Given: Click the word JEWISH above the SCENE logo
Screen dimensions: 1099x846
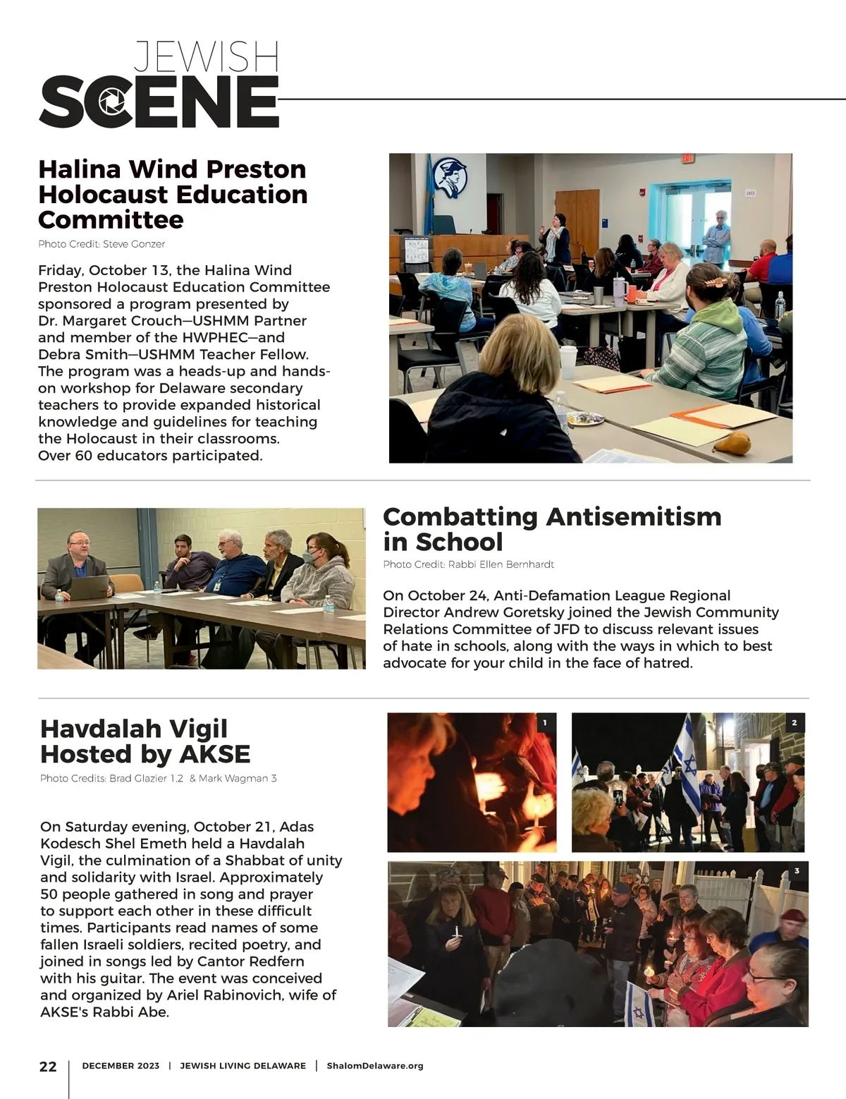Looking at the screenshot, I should click(x=206, y=57).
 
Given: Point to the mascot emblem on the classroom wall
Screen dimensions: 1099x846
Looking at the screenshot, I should click(x=449, y=176).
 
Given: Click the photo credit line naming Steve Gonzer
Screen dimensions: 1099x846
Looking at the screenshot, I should click(x=102, y=244).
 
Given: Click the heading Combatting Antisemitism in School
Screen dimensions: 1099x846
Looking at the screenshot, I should click(x=552, y=529).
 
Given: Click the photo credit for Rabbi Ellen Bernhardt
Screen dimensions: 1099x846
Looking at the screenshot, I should click(x=468, y=564).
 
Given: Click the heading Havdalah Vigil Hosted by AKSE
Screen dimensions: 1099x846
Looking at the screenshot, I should click(x=145, y=741).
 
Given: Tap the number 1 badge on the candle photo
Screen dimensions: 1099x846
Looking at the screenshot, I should click(x=545, y=723).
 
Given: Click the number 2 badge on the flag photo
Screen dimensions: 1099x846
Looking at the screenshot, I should click(x=794, y=723).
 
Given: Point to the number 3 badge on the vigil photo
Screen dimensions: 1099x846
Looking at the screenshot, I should click(x=797, y=871).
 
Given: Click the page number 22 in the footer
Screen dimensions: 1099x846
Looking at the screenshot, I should click(x=48, y=1067).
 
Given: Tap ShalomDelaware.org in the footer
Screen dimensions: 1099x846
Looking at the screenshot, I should click(x=375, y=1066).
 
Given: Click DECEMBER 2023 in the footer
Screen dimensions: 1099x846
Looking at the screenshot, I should click(x=121, y=1066).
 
